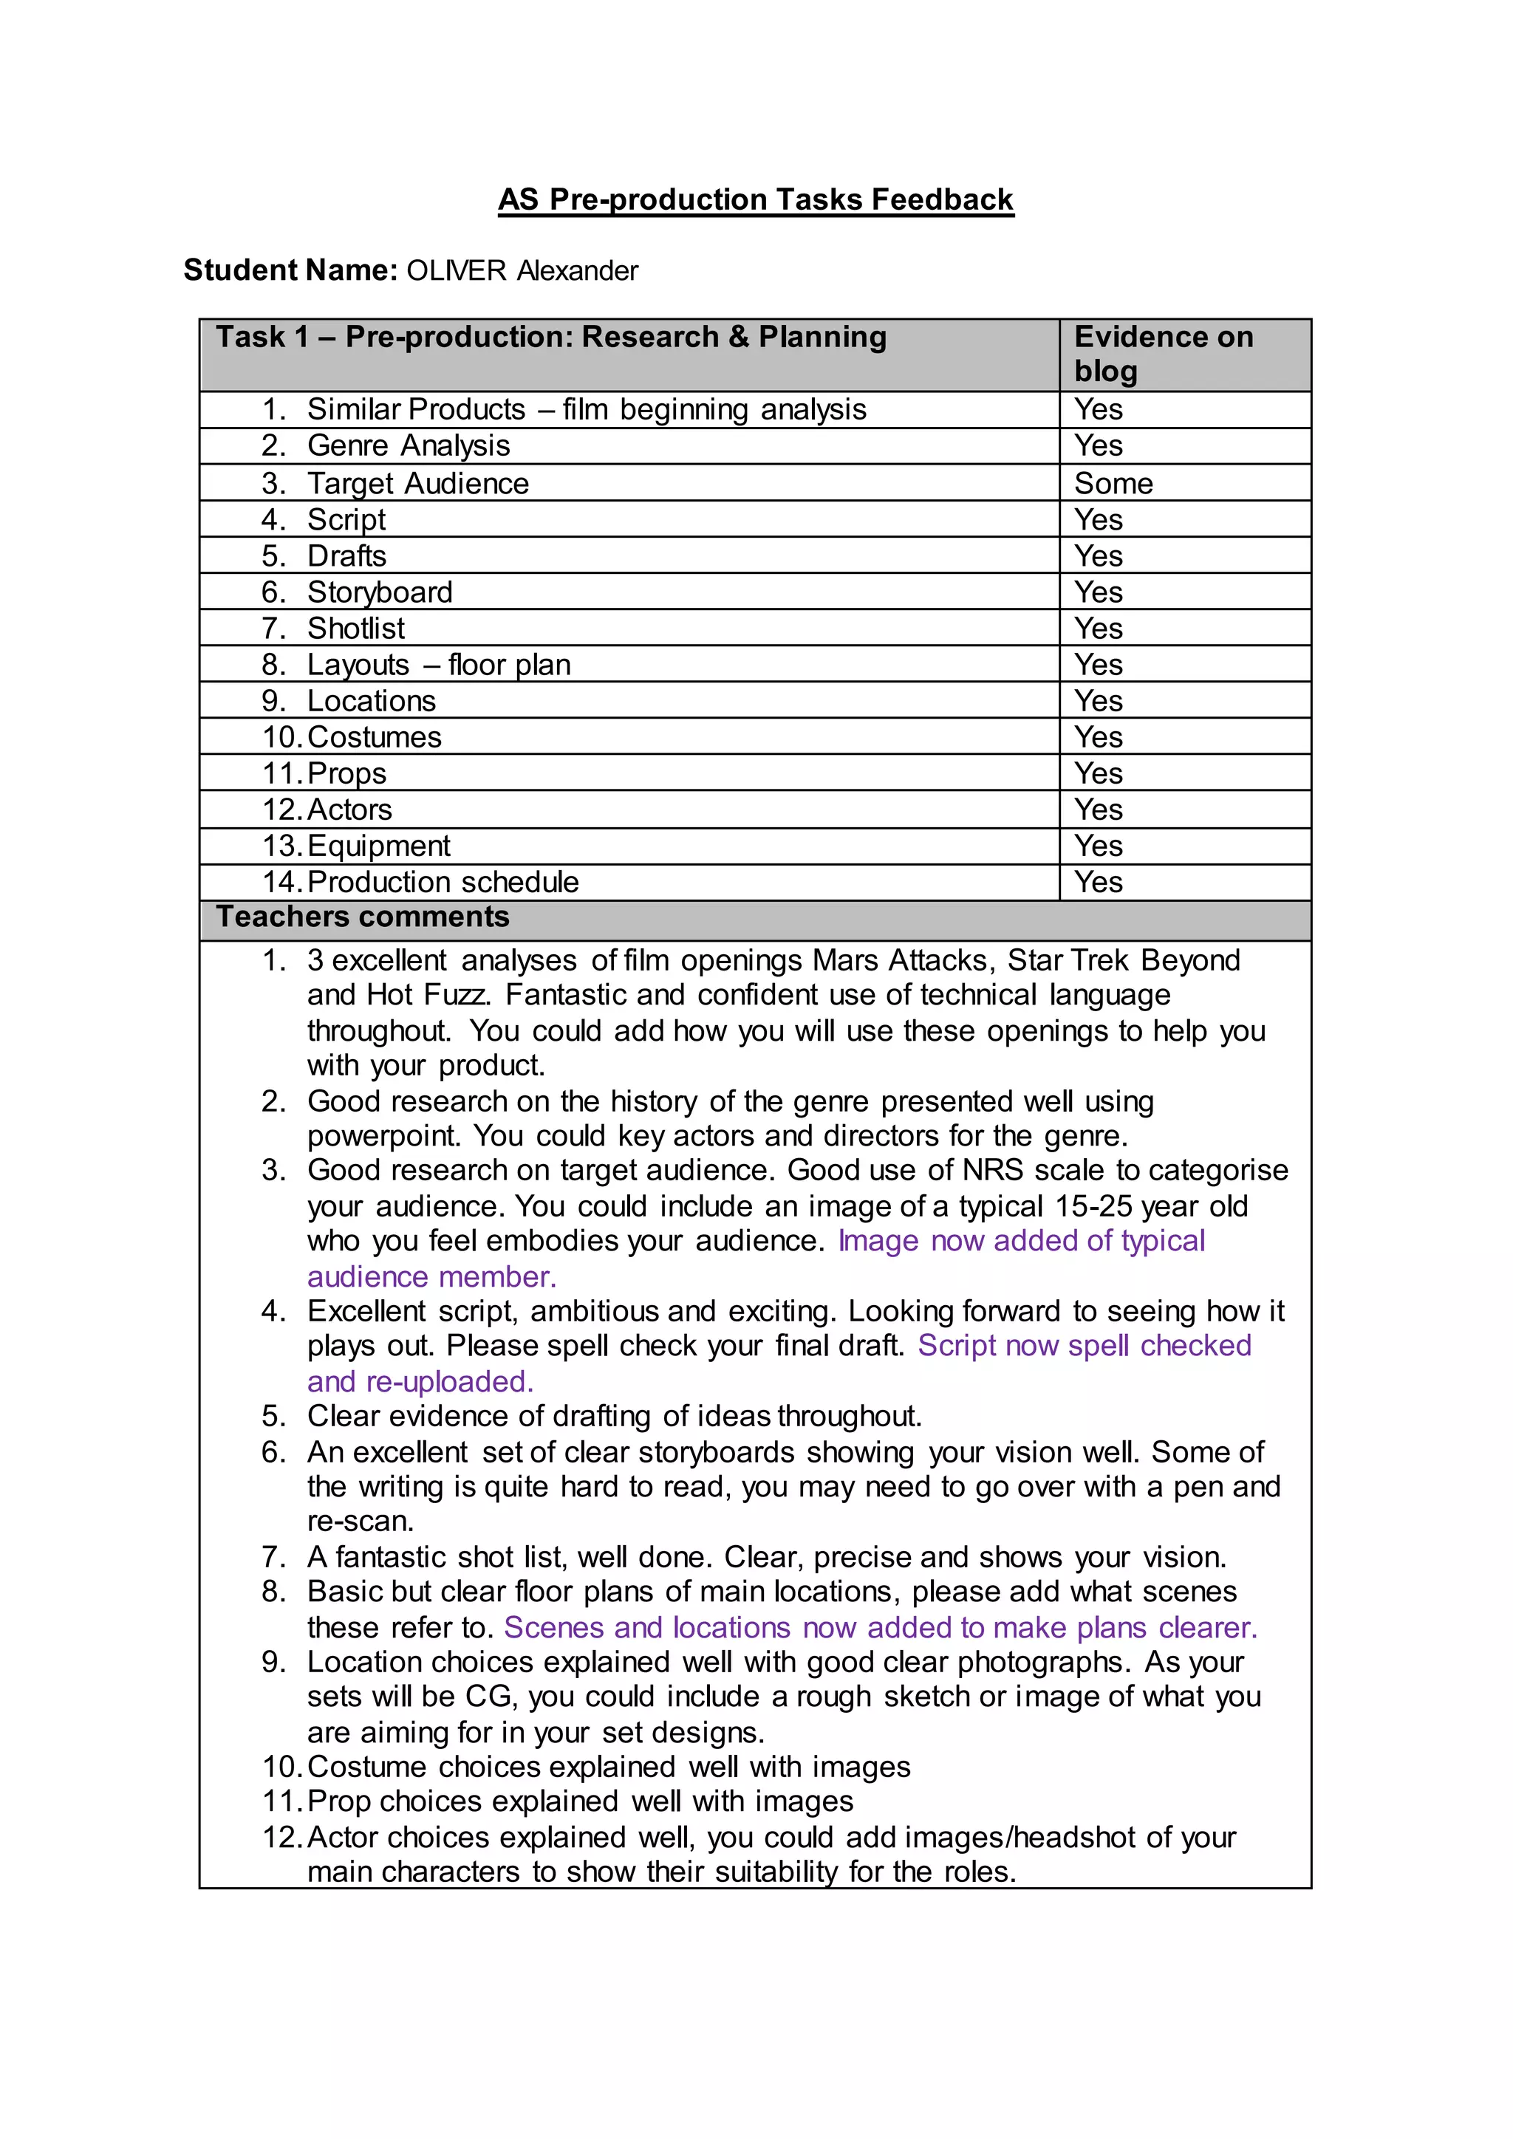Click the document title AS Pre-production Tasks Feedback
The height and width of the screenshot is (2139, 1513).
point(756,199)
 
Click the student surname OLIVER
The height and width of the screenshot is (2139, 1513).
point(457,270)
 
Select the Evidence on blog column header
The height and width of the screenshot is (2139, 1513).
point(1164,353)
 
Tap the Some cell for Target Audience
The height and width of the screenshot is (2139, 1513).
point(1113,484)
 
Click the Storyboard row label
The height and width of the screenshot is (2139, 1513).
point(380,592)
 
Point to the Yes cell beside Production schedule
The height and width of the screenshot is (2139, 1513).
point(1099,881)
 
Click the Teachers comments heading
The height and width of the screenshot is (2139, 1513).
point(363,917)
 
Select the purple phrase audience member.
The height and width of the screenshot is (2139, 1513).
point(431,1276)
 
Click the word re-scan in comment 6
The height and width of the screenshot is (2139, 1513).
point(359,1522)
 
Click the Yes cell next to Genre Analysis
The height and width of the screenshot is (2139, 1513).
point(1099,445)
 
